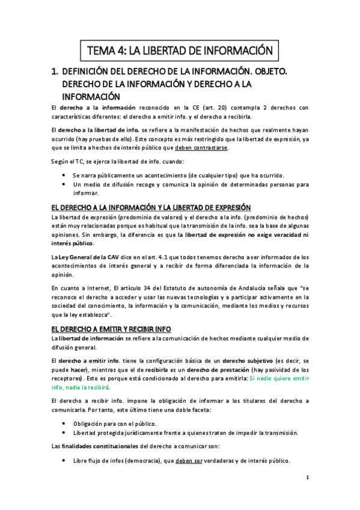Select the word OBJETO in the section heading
269,72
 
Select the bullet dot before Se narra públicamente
65,175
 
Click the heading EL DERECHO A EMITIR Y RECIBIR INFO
111,329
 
